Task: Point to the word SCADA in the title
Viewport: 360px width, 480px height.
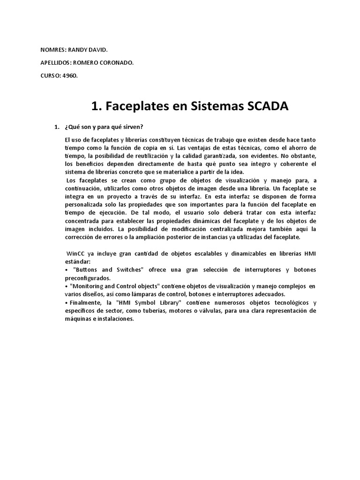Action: [265, 107]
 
